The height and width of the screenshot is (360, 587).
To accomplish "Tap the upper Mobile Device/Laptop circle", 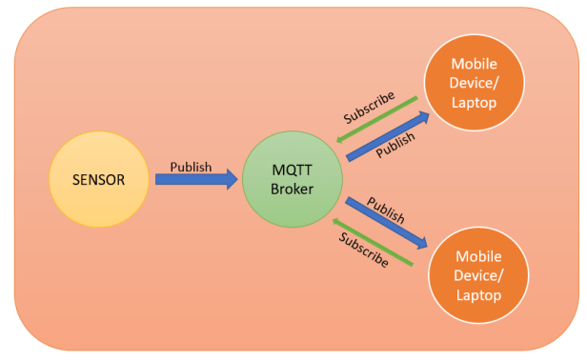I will tap(473, 83).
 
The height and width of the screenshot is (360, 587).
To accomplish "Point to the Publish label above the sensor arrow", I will tap(191, 166).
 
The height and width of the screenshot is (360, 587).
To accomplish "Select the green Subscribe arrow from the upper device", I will tap(375, 118).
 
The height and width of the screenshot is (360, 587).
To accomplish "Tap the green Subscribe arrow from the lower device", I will tap(373, 243).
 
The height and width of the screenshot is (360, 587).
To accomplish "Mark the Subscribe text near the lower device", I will tap(362, 250).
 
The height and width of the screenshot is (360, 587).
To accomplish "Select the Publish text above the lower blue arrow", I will tap(386, 210).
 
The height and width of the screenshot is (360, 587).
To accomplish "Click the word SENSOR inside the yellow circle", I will tap(99, 179).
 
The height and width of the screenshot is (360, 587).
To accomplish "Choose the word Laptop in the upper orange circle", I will tap(473, 102).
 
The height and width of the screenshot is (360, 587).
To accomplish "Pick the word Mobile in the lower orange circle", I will tap(479, 257).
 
